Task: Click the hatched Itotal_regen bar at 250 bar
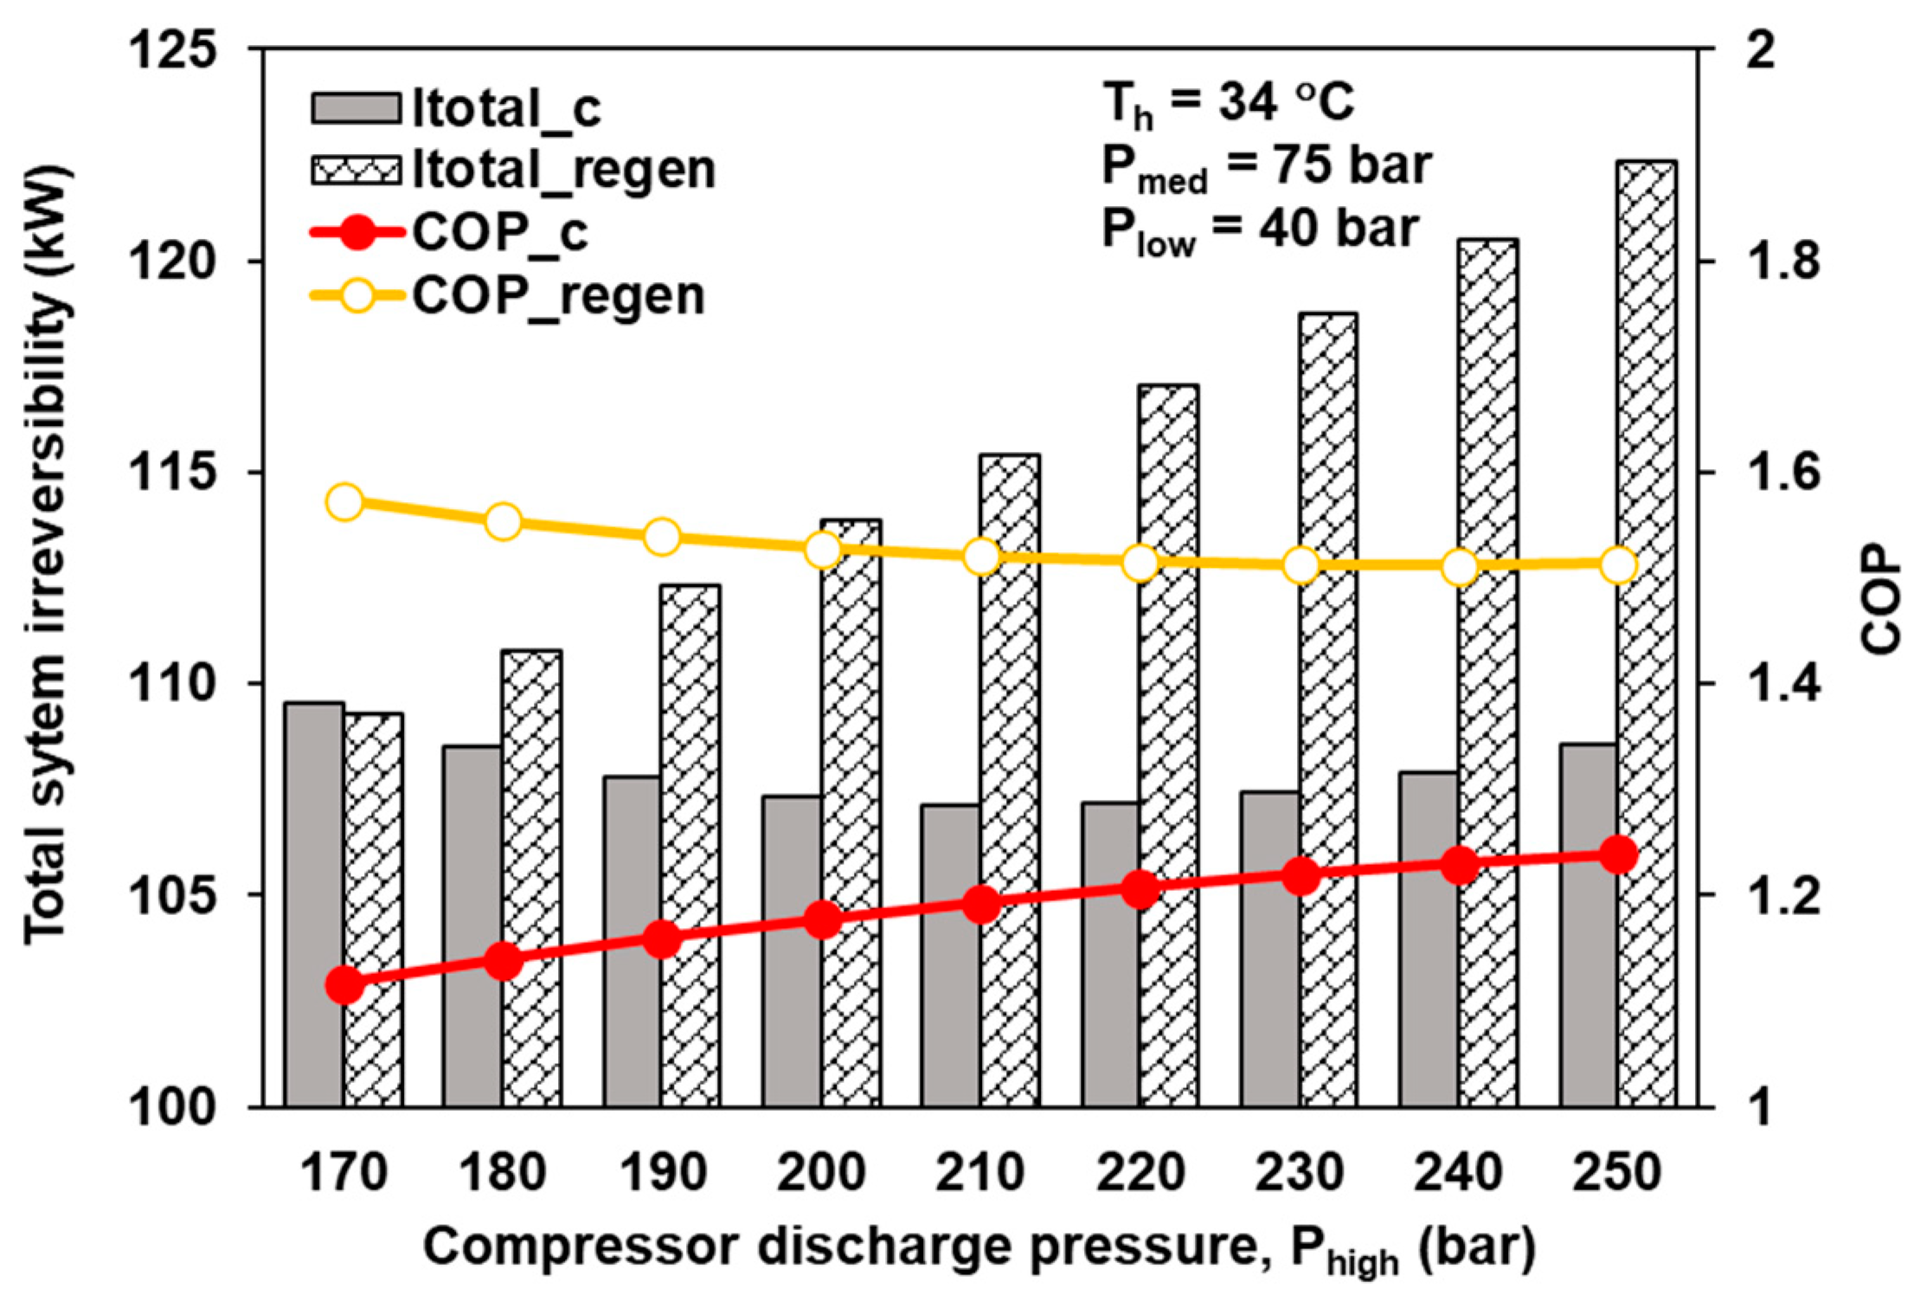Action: point(1647,632)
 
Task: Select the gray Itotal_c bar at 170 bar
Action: point(314,904)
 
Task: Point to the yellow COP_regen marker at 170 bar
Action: point(344,502)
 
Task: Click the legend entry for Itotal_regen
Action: point(514,170)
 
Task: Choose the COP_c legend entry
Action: point(450,232)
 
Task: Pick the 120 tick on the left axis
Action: point(171,261)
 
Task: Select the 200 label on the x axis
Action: point(821,1173)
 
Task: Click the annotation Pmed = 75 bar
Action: point(1266,167)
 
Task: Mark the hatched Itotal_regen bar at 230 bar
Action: point(1328,710)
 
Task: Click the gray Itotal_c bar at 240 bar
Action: point(1429,938)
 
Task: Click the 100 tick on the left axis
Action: point(171,1107)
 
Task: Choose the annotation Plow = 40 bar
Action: point(1259,230)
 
